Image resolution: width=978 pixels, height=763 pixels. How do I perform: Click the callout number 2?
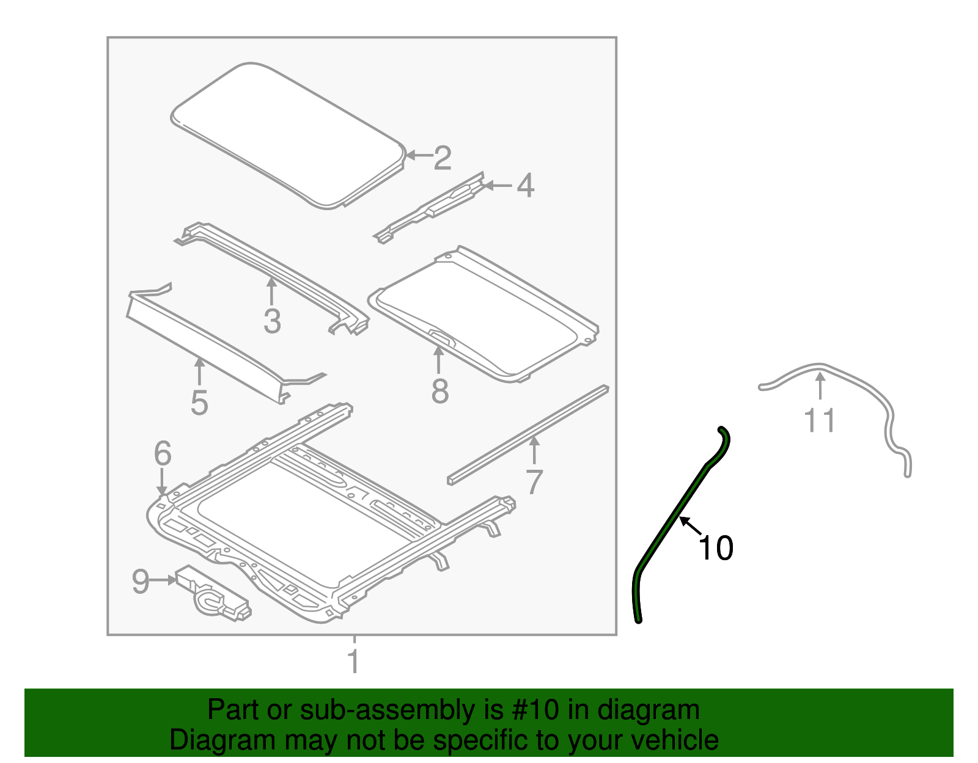click(443, 158)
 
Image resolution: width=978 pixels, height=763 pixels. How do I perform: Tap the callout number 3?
click(272, 321)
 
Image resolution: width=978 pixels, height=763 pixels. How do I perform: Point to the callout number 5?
click(199, 403)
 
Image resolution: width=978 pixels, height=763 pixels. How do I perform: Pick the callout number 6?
click(163, 453)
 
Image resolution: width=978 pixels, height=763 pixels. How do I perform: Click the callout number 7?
click(534, 482)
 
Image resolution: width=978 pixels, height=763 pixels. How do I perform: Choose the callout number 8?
click(439, 392)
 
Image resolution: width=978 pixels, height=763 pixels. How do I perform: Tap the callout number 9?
click(141, 582)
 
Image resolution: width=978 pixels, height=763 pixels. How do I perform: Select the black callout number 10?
click(716, 548)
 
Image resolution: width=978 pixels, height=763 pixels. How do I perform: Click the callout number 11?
click(820, 421)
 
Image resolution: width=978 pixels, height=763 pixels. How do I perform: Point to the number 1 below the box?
click(353, 662)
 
